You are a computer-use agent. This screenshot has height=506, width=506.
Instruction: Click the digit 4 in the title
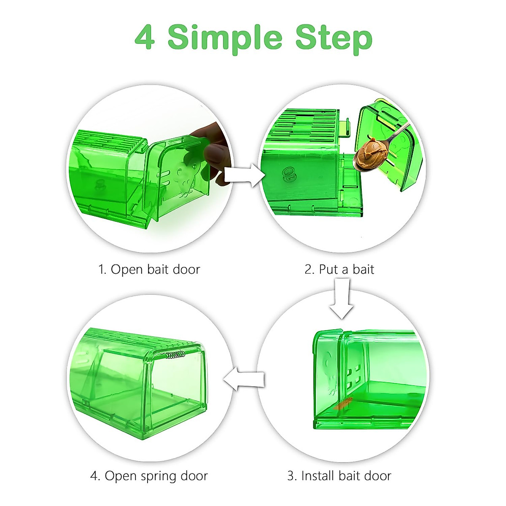pyautogui.click(x=145, y=37)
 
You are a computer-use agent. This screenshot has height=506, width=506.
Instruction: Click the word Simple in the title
pyautogui.click(x=225, y=38)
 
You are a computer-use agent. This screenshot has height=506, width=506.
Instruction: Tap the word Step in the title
pyautogui.click(x=334, y=38)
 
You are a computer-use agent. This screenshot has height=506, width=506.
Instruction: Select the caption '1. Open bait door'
pyautogui.click(x=149, y=269)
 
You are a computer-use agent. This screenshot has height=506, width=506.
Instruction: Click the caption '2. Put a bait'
pyautogui.click(x=339, y=269)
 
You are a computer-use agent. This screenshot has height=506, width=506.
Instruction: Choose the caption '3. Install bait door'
pyautogui.click(x=339, y=476)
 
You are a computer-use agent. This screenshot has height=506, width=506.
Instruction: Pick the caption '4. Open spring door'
pyautogui.click(x=149, y=476)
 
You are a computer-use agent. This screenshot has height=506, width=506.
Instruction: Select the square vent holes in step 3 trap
pyautogui.click(x=354, y=376)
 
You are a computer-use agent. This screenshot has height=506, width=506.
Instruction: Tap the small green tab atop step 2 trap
pyautogui.click(x=345, y=127)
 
